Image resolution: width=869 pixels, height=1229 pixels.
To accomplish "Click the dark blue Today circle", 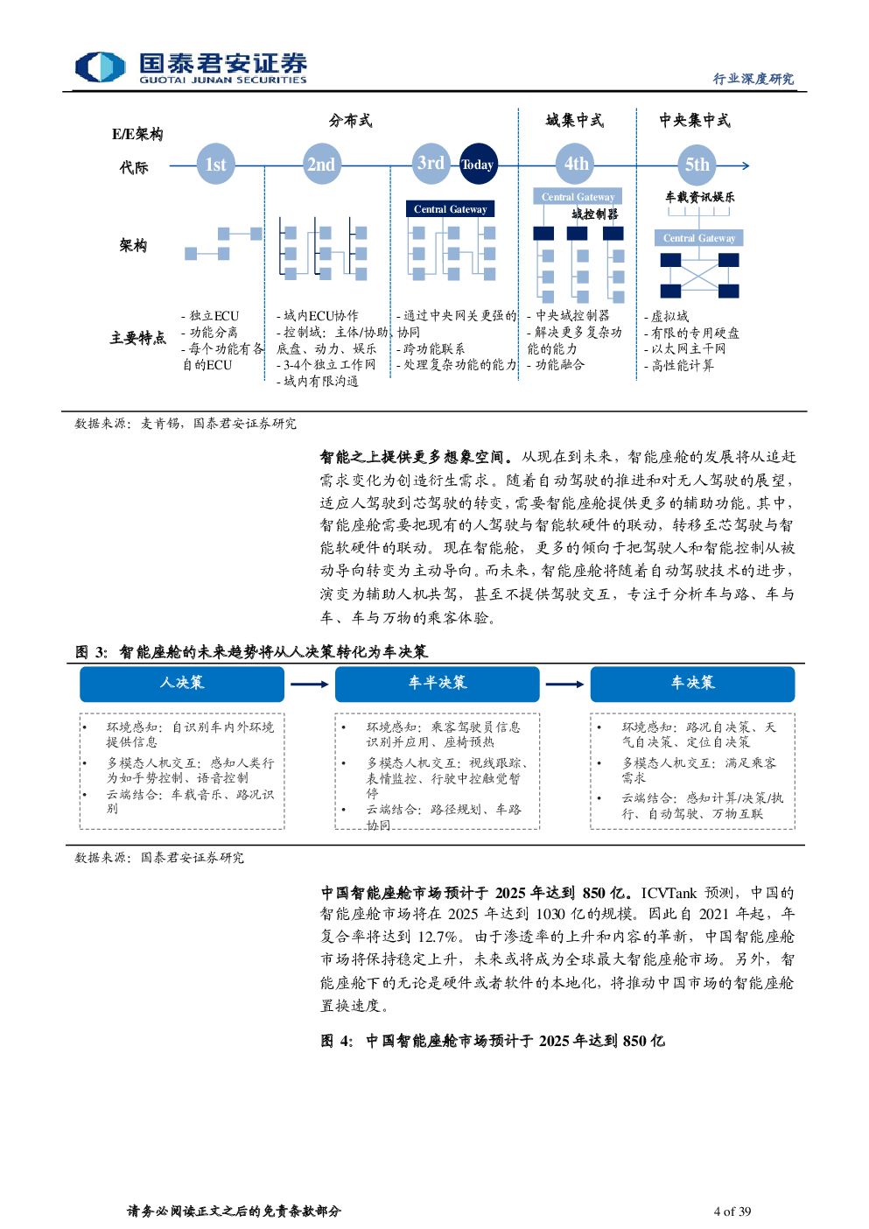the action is (479, 164).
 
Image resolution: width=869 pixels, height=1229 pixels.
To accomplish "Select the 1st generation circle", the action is (215, 164).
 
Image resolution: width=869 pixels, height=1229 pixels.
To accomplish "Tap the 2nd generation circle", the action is (321, 164).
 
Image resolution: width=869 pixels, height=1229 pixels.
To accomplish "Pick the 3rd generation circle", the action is (431, 163).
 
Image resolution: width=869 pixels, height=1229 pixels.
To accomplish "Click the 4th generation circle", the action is (576, 164).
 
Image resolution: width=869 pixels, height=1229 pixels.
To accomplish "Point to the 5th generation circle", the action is (697, 165).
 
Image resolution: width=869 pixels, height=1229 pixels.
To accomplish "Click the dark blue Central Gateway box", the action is (450, 209).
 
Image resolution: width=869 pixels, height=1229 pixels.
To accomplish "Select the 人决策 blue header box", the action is (182, 684).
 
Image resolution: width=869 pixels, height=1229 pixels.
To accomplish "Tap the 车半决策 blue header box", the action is (438, 684).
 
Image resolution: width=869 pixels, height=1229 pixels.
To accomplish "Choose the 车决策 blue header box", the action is (692, 684).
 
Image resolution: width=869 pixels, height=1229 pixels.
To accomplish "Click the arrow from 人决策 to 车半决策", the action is (310, 685).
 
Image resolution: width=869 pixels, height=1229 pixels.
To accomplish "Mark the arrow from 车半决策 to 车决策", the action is (564, 685).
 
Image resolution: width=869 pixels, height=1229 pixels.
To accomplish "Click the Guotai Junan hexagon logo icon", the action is (101, 67).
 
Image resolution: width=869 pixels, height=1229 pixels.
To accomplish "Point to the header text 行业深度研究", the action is (753, 79).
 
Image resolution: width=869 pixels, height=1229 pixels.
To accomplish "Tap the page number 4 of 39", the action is (732, 1211).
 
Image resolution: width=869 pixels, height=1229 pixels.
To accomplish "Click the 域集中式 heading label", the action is (574, 121).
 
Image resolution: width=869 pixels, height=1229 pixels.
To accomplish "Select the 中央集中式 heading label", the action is (695, 121).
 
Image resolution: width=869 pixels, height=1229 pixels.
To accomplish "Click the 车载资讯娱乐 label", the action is (699, 197).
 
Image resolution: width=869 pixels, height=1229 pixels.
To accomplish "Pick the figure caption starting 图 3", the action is (251, 652).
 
